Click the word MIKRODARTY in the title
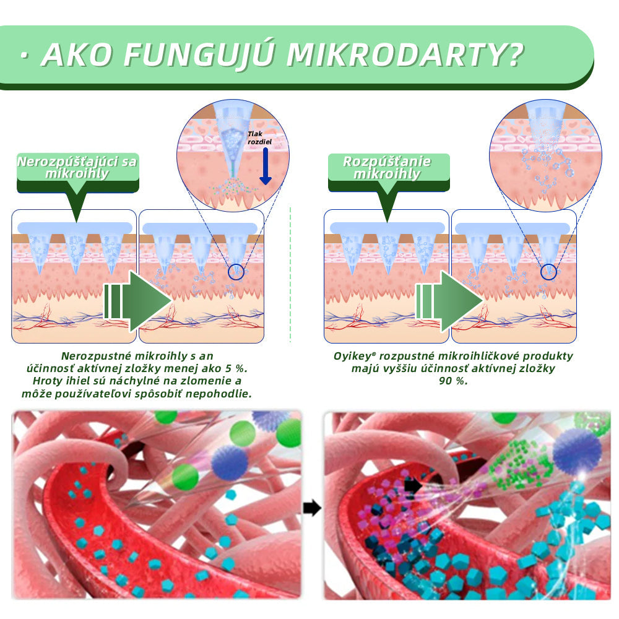[x=405, y=56]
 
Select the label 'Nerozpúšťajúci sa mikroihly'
[x=77, y=168]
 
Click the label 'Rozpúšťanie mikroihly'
[x=387, y=168]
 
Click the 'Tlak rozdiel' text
[x=259, y=137]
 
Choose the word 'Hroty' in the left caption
[x=47, y=381]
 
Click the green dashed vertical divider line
[x=290, y=275]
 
